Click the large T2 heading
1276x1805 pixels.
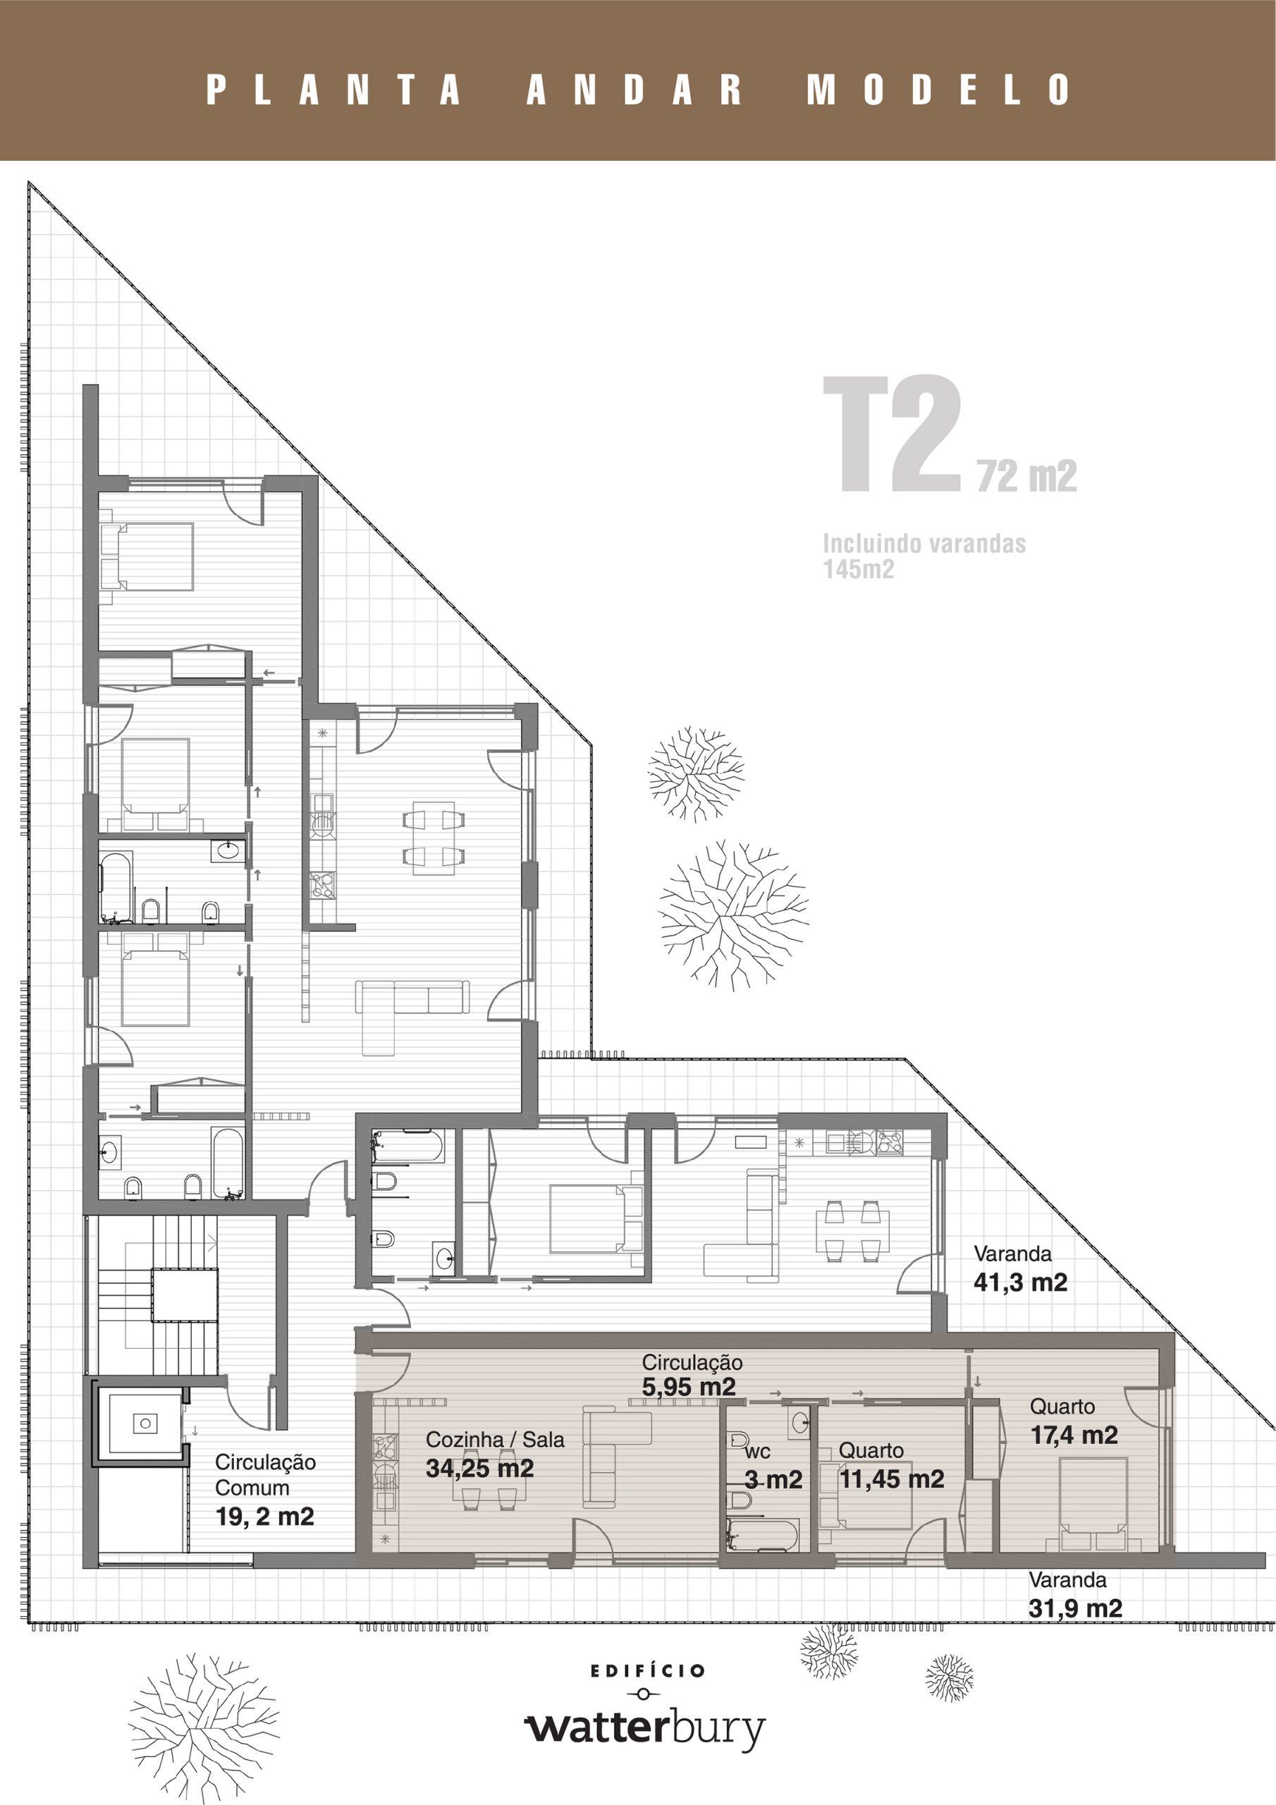[x=892, y=435]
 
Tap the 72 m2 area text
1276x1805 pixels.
[x=1026, y=476]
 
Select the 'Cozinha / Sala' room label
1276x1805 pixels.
[x=496, y=1440]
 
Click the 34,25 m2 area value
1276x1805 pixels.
[x=479, y=1468]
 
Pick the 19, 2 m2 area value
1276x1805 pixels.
[x=264, y=1517]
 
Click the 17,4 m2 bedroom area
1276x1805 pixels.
[x=1074, y=1435]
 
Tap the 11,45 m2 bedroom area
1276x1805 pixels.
[x=892, y=1479]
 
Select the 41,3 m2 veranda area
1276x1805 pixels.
[x=1021, y=1283]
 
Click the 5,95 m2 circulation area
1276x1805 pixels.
[x=689, y=1387]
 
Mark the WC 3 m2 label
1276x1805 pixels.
[x=773, y=1468]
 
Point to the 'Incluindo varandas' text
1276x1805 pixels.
[x=924, y=543]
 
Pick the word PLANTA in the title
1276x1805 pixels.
[x=333, y=89]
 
